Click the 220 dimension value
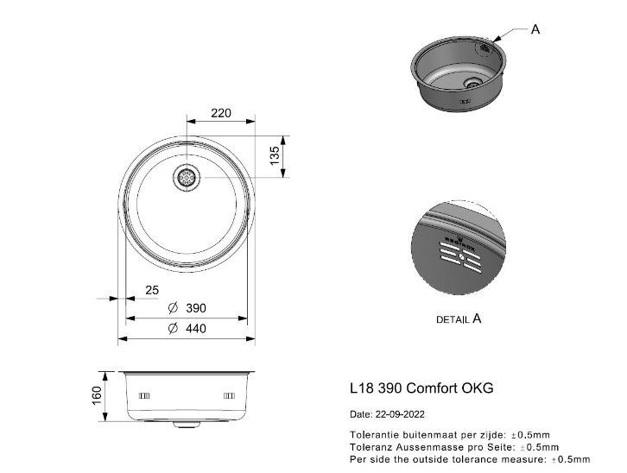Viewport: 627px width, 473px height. (x=221, y=113)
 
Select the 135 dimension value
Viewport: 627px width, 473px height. (x=275, y=156)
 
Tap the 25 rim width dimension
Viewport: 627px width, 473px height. (x=152, y=290)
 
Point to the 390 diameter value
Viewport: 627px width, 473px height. (x=196, y=308)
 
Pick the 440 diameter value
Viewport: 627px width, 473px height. (x=196, y=328)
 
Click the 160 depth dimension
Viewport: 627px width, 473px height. (x=98, y=395)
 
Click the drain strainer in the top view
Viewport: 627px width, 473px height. (x=187, y=177)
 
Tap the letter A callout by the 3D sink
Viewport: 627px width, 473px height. (x=535, y=29)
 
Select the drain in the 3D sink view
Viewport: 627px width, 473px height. (x=473, y=83)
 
